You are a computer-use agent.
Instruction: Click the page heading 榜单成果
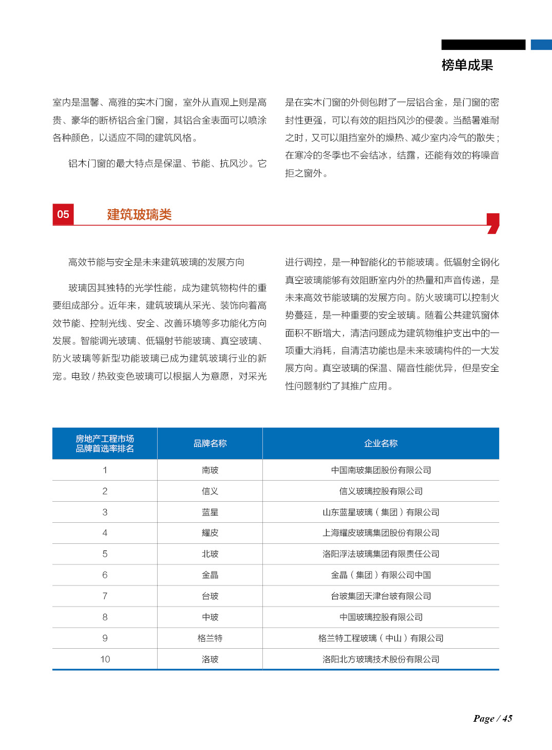(467, 65)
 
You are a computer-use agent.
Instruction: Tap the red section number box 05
(63, 214)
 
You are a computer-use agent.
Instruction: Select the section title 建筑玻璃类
(139, 215)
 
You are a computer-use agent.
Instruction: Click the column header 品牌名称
(210, 444)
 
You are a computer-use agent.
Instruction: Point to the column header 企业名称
(380, 444)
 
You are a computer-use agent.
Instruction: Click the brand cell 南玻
(210, 470)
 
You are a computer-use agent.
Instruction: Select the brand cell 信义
(210, 491)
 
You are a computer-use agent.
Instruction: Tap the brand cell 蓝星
(210, 513)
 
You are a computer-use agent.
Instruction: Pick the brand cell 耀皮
(210, 533)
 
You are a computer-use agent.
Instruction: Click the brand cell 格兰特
(210, 638)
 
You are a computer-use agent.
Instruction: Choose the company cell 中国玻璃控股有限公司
(380, 617)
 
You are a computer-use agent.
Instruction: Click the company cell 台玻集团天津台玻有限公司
(380, 596)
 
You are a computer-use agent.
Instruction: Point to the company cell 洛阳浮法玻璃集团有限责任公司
(380, 554)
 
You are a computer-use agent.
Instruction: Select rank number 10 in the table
(105, 660)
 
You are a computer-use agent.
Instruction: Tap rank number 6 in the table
(105, 575)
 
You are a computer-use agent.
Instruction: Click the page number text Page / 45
(492, 719)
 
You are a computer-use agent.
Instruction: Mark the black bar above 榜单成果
(483, 45)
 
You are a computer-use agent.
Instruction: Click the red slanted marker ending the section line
(493, 223)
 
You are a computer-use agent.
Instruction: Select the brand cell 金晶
(210, 575)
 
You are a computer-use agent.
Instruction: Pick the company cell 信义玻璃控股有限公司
(380, 491)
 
